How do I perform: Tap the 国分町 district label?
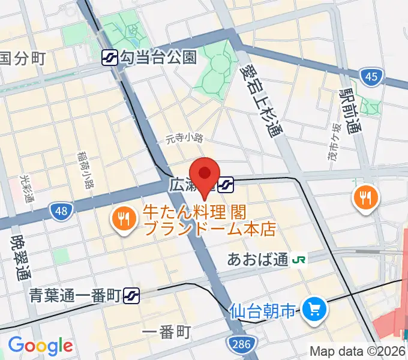(x=23, y=59)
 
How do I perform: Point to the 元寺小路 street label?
(x=185, y=139)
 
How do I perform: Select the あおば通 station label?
(x=259, y=259)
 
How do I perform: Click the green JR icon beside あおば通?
(x=298, y=260)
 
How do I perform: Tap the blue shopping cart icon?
(x=313, y=310)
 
